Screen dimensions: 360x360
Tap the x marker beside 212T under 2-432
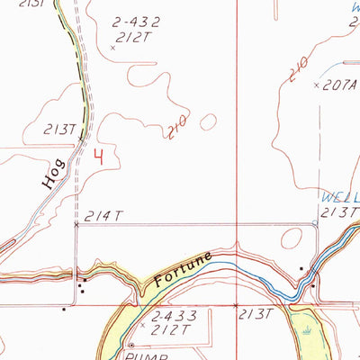click(x=112, y=47)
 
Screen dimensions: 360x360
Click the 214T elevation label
click(x=103, y=216)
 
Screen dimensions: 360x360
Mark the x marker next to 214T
click(x=76, y=225)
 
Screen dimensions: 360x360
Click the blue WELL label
click(x=339, y=197)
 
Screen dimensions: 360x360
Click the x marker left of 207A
click(x=317, y=85)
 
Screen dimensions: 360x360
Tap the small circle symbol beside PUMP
click(x=131, y=345)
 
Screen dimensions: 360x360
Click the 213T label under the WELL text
click(x=340, y=211)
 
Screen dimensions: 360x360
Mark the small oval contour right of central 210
click(x=209, y=121)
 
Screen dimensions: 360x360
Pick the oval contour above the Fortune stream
click(x=292, y=238)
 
